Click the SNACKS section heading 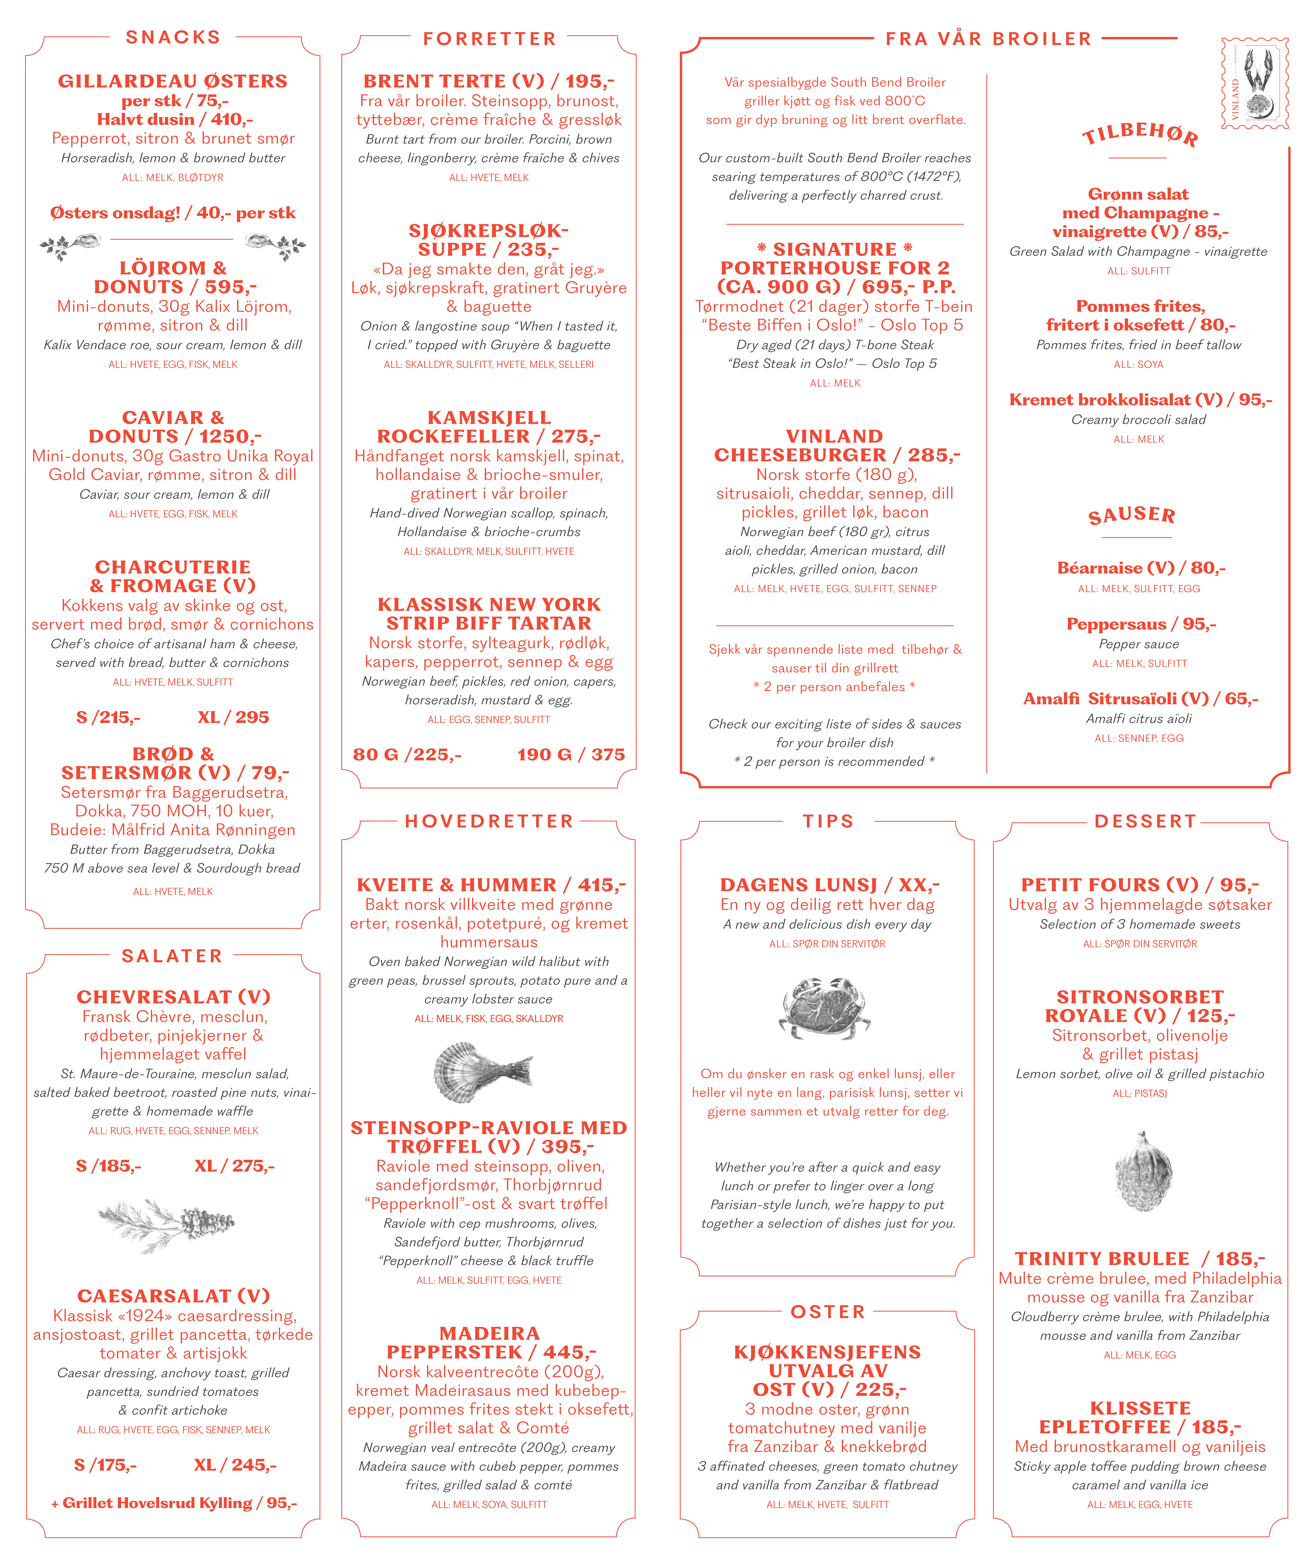click(x=173, y=37)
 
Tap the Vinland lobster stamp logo click(x=1254, y=84)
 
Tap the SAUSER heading click(x=1132, y=515)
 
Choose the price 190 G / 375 click(x=571, y=755)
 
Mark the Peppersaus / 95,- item click(x=1141, y=624)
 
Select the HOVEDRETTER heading click(x=489, y=821)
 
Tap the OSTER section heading click(x=827, y=1312)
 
